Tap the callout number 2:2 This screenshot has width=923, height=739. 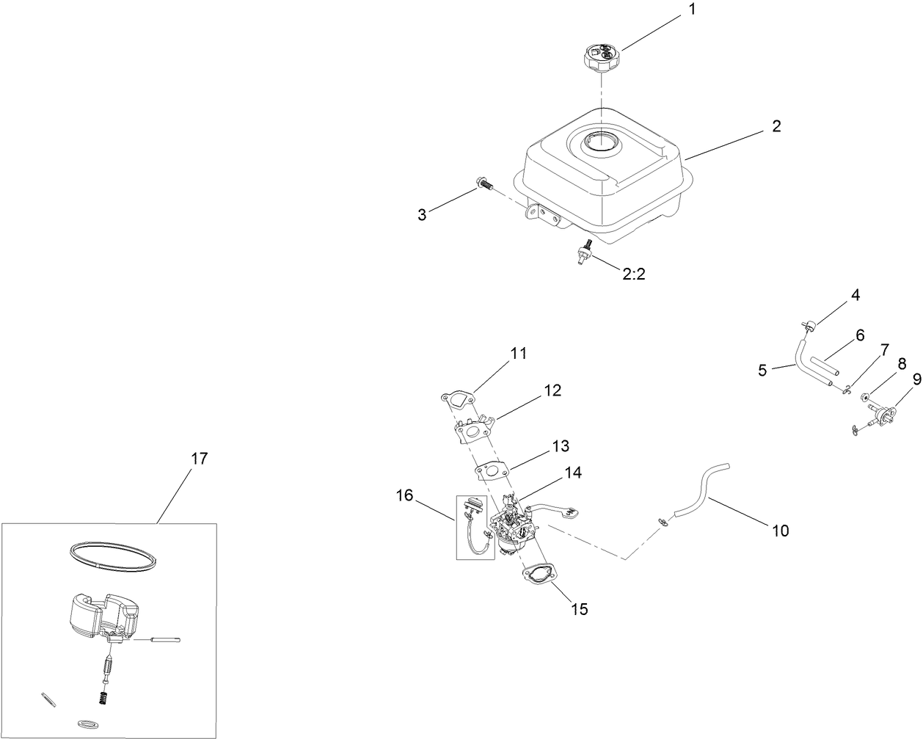pyautogui.click(x=634, y=274)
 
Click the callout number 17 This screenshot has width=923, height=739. pyautogui.click(x=199, y=459)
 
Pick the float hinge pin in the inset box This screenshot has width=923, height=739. pyautogui.click(x=164, y=639)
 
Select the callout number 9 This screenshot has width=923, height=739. pyautogui.click(x=916, y=379)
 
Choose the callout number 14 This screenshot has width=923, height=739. pyautogui.click(x=573, y=473)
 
